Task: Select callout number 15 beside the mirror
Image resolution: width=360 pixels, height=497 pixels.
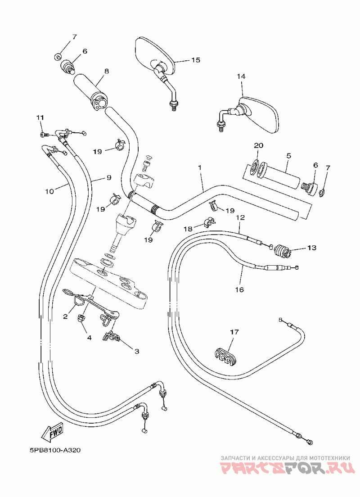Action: coord(196,60)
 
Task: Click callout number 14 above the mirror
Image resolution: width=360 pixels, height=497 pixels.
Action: coord(241,77)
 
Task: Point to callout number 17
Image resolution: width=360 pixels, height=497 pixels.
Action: coord(234,332)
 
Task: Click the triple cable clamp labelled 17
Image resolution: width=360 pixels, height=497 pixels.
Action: coord(225,357)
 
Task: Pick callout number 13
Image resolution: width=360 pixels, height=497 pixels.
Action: coord(312,248)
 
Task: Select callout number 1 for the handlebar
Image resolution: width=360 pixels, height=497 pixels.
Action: coord(200,167)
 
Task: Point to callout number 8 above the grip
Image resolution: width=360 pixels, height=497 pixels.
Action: coord(107,71)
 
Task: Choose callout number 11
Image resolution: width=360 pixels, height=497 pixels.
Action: coord(40,117)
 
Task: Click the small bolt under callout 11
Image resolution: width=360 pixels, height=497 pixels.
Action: coord(44,135)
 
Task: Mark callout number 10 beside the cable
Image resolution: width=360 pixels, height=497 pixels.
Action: coord(50,191)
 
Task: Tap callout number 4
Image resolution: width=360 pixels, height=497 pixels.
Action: coord(90,338)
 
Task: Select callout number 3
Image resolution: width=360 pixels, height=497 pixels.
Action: coord(137,351)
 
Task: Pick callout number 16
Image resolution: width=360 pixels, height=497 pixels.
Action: coord(239,289)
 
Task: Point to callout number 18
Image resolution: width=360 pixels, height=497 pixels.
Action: coord(188,229)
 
